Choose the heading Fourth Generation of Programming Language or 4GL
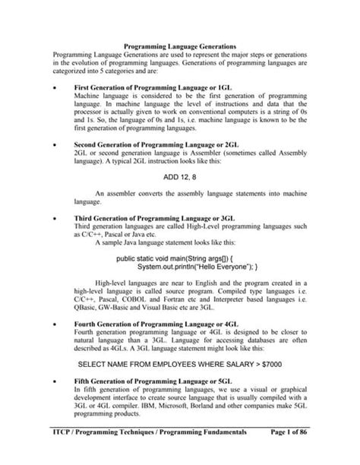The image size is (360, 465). pos(156,322)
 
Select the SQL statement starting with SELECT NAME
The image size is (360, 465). pos(179,364)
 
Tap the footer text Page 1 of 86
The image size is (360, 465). pos(286,451)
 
